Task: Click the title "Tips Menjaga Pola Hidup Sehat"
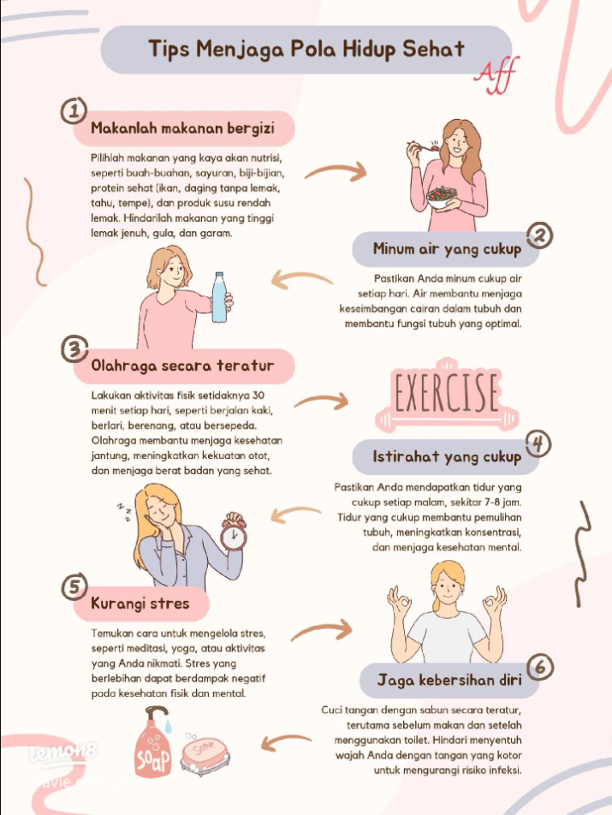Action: point(306,50)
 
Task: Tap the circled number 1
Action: point(74,110)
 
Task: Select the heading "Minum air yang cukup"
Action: point(447,249)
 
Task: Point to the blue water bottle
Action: point(219,297)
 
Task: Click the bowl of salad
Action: point(442,197)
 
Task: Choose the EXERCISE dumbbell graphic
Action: point(447,395)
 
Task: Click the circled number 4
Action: point(538,444)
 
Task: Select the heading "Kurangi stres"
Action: point(140,604)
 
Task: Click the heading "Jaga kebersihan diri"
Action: point(449,680)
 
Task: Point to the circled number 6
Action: point(540,668)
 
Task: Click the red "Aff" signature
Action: point(496,75)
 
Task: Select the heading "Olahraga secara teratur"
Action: point(182,366)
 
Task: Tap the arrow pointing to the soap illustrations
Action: point(285,741)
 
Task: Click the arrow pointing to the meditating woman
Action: point(322,629)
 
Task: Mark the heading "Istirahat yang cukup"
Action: point(447,457)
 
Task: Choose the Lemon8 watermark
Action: point(63,751)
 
